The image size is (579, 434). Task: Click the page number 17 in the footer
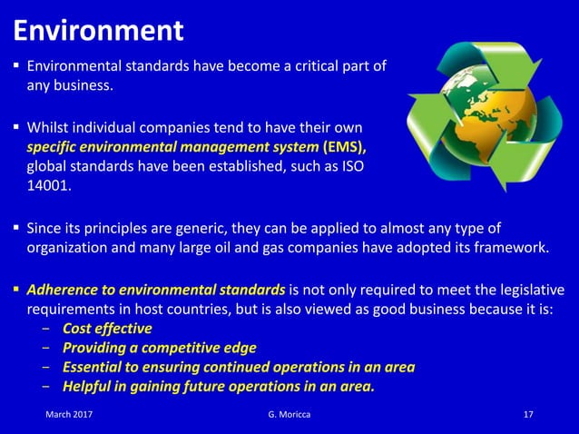(528, 415)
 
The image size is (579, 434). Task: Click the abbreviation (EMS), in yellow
(344, 146)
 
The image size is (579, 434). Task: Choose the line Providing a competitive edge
(159, 348)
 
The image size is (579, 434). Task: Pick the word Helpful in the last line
(88, 388)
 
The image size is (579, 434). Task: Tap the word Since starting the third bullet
(44, 227)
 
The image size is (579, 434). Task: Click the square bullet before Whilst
(15, 126)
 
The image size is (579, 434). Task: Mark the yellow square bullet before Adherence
(15, 290)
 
